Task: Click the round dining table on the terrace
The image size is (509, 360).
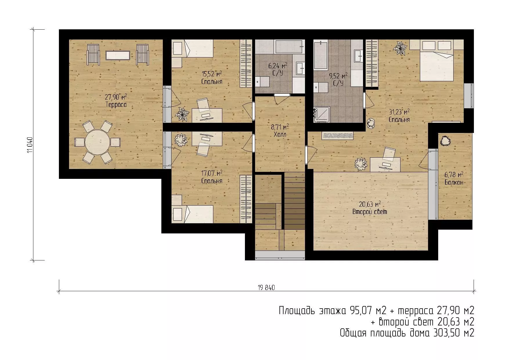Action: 98,142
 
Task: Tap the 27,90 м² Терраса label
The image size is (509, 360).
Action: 116,100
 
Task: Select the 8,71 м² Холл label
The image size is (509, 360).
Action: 280,131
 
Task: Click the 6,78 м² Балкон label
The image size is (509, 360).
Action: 454,178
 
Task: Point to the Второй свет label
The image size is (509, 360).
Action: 370,212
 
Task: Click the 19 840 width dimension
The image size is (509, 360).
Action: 266,288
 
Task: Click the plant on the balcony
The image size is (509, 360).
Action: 445,141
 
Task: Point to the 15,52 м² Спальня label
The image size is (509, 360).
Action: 212,78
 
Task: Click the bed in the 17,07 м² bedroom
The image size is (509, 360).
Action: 192,214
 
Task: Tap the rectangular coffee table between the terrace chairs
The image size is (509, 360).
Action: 118,55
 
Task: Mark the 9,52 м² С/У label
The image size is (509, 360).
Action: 338,80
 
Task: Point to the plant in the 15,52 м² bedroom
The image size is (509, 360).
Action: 182,114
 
